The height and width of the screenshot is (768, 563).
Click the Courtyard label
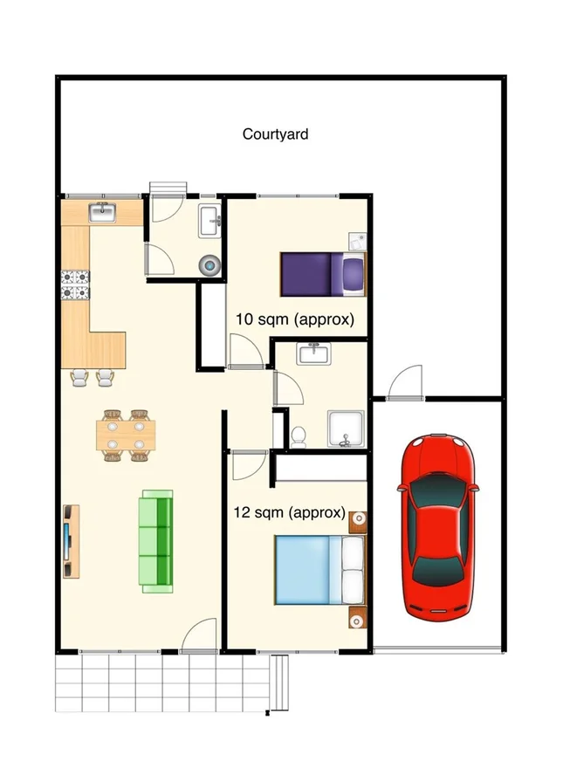275,134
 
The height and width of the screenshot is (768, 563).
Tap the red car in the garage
439,525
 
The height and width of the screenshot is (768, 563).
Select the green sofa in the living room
157,541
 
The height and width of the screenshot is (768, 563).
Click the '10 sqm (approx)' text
295,319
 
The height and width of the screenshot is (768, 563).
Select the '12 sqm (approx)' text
289,512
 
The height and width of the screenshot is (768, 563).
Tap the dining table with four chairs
127,434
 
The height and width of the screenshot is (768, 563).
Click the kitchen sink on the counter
104,212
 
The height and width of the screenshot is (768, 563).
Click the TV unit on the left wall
70,541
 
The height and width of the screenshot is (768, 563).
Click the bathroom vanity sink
313,353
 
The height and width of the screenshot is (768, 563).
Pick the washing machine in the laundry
210,264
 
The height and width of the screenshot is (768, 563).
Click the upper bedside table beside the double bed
357,523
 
